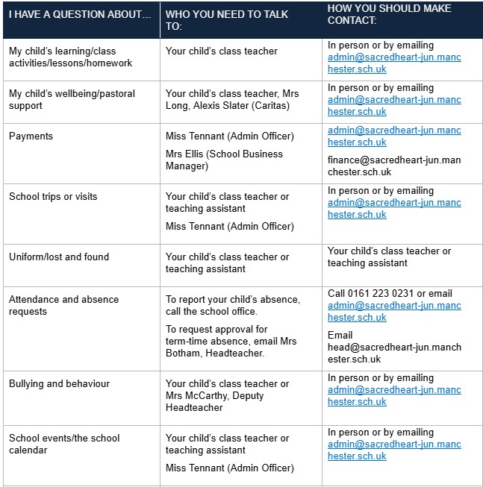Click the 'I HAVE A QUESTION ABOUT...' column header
[80, 14]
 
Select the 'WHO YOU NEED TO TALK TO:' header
[227, 19]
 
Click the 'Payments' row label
[31, 136]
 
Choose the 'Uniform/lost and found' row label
[59, 257]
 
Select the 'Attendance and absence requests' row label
[63, 305]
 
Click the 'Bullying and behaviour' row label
[59, 384]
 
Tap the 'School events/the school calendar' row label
[64, 444]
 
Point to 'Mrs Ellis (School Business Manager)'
[224, 160]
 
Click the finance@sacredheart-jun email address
[394, 166]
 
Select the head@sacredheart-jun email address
[394, 353]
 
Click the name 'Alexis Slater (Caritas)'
[231, 106]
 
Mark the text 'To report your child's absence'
[232, 299]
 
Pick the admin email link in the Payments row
[394, 136]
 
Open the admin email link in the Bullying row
[394, 396]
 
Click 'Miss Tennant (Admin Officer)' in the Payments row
[230, 136]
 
